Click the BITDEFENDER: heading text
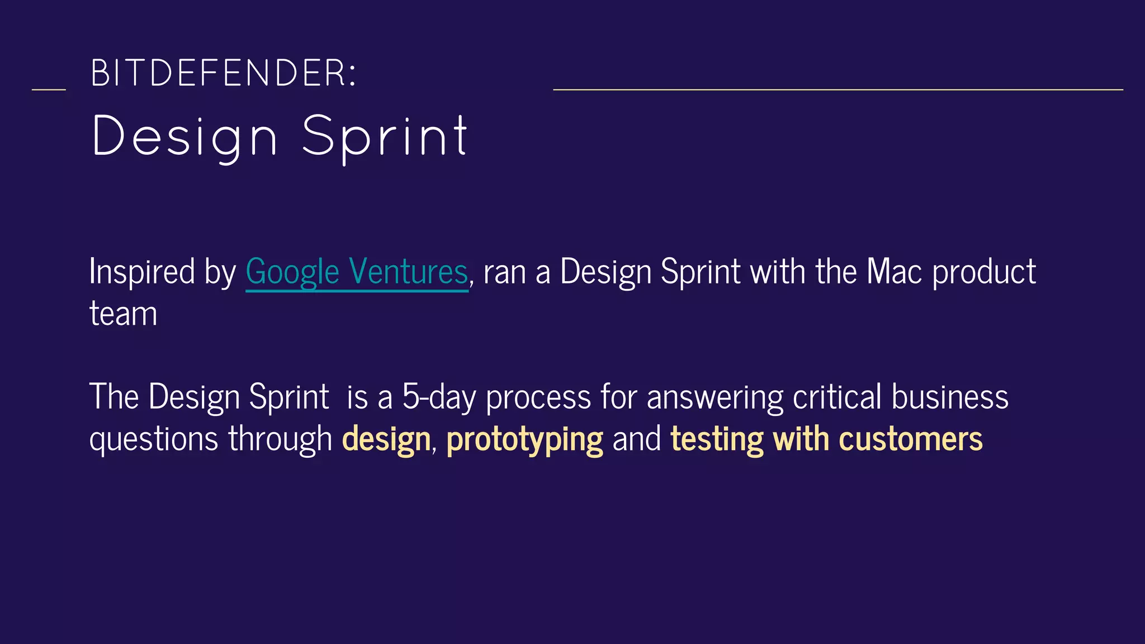[223, 73]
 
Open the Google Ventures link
[357, 272]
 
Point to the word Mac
[894, 272]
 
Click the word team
[123, 314]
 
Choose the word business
[950, 397]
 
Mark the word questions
[154, 440]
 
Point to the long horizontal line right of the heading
[838, 89]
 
